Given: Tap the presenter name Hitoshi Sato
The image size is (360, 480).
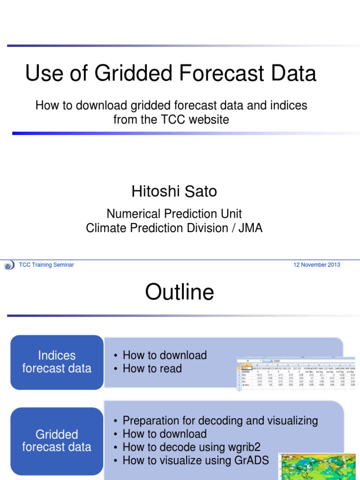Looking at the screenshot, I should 174,191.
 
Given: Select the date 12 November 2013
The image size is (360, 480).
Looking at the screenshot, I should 316,265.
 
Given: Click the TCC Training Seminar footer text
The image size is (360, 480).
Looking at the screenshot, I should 46,265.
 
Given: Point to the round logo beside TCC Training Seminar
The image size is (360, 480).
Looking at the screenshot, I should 9,266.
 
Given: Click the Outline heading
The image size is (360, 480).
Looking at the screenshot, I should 180,292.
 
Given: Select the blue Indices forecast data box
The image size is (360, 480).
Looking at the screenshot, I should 57,362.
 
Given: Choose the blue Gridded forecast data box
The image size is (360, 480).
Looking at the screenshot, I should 57,441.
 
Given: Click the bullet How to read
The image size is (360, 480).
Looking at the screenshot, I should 152,369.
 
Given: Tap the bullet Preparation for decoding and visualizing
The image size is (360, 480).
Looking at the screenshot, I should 220,420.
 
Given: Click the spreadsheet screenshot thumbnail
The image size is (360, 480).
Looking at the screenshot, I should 296,374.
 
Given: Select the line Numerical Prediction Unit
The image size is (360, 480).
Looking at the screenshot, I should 174,214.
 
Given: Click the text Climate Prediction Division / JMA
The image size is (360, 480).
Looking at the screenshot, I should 174,228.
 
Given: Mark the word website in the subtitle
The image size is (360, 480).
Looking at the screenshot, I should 207,120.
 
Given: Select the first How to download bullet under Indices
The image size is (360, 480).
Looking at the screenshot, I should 164,355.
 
